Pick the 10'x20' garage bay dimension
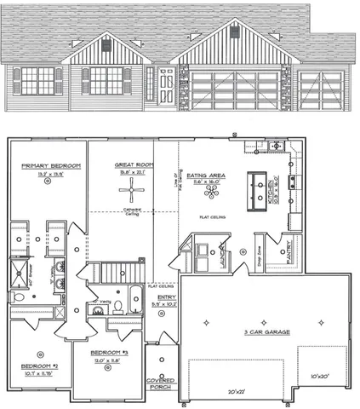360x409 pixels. point(321,376)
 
